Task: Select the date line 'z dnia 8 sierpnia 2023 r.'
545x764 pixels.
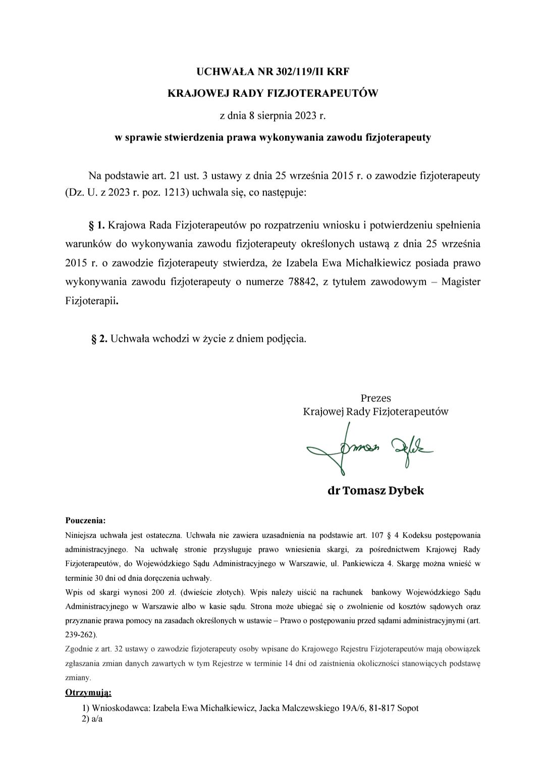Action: (272, 115)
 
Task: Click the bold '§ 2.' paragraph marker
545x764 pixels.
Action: (99, 339)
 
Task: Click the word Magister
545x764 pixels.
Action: (461, 282)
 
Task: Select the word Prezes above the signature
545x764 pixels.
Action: (375, 398)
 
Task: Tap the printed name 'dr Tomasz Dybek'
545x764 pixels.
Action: (375, 490)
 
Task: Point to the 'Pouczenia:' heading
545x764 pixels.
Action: (85, 520)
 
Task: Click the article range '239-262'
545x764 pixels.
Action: (80, 634)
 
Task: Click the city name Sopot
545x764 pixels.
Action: (408, 708)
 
